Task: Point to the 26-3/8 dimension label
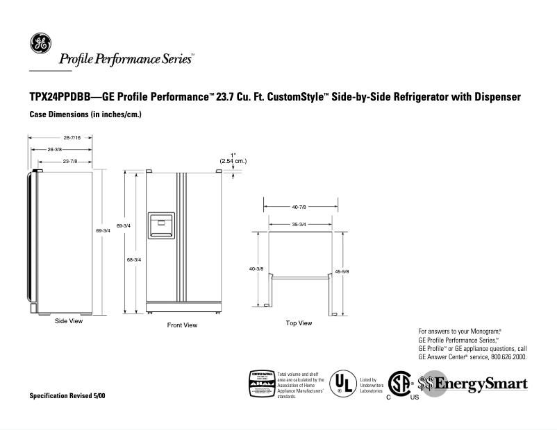pos(55,149)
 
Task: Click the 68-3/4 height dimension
pos(133,259)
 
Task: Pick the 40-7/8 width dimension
pos(299,207)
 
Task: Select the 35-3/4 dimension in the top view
pos(299,224)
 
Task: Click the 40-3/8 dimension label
pos(256,268)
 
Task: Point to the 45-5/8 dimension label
pos(342,271)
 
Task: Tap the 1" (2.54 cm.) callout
pos(233,158)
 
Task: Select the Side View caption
pos(69,321)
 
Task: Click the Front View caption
pos(182,325)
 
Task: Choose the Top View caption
pos(299,323)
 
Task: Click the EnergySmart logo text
pos(480,384)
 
